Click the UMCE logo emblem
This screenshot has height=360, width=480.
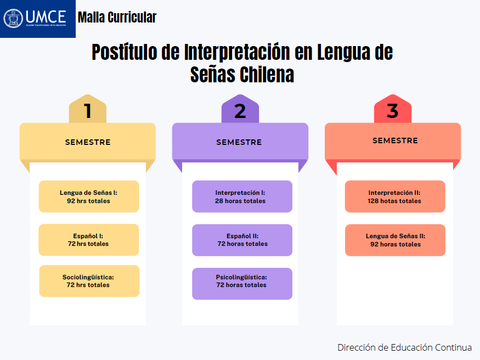[13, 18]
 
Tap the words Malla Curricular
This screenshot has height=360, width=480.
[117, 18]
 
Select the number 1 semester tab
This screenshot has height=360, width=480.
[87, 111]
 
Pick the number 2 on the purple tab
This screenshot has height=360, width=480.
[240, 111]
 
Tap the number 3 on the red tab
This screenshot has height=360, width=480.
[392, 111]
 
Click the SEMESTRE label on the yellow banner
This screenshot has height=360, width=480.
[88, 142]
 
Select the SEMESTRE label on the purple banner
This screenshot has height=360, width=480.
[239, 142]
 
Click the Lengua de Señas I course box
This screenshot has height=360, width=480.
[88, 196]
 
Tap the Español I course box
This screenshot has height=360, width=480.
[88, 240]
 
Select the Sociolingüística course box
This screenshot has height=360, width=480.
[88, 281]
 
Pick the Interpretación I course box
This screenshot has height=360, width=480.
[241, 196]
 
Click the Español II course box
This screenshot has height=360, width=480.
[241, 240]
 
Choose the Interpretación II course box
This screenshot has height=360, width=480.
[394, 196]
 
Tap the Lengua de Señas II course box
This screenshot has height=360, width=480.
[394, 240]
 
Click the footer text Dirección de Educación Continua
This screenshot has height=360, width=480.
[404, 347]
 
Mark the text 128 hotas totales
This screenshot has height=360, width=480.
[394, 201]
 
